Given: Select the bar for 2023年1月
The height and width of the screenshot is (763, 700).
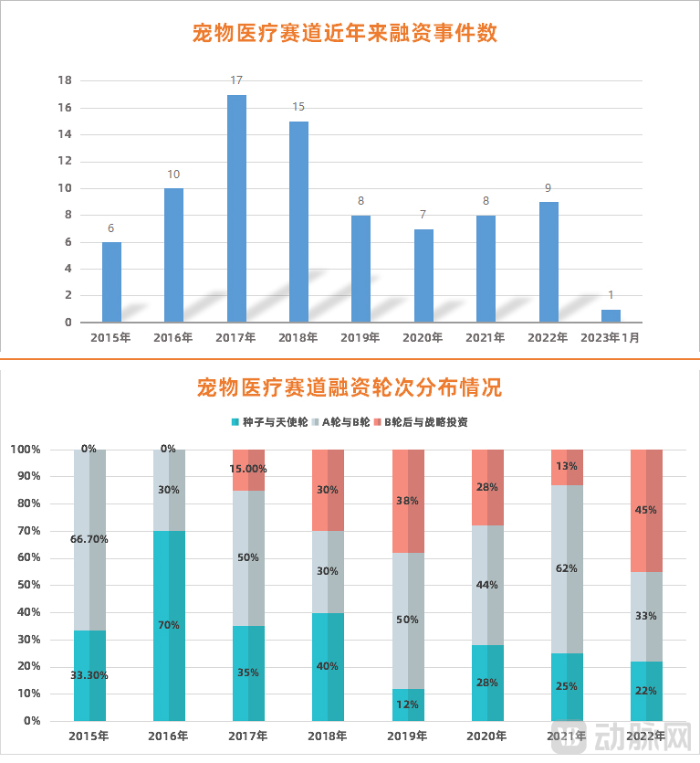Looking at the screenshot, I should point(611,316).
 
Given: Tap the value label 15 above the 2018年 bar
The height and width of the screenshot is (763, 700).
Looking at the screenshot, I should point(298,107).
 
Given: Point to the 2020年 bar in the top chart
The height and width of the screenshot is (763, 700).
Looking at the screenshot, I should point(423,275).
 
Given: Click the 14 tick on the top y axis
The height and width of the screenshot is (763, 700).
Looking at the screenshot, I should point(65,134).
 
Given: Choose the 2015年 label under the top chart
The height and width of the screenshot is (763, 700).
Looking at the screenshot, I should point(110,337).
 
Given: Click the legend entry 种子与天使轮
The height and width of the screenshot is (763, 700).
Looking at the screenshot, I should point(271,422).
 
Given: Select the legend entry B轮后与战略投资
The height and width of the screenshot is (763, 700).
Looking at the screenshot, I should point(426,422).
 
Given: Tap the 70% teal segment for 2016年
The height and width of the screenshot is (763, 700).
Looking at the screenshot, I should point(169,625).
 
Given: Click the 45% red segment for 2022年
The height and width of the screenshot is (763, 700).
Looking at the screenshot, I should point(645,510).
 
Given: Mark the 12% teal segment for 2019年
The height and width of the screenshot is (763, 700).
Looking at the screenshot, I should point(407,705).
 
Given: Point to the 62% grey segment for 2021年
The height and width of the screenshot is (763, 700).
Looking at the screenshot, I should point(566,567).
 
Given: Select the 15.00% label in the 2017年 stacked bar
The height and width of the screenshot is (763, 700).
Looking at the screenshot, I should point(247,469).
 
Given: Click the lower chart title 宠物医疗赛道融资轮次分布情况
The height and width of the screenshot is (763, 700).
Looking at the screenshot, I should point(350,387).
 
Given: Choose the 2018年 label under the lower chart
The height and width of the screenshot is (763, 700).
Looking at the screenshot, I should point(328,736).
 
